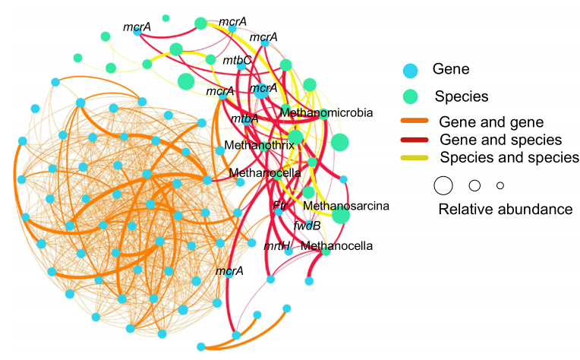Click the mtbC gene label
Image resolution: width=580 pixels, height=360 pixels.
click(x=237, y=60)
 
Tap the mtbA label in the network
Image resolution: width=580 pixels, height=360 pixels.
click(x=244, y=118)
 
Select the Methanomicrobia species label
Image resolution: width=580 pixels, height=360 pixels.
click(x=326, y=112)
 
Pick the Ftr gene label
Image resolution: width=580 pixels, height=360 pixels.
click(x=279, y=206)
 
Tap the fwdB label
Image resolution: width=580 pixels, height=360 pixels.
click(x=307, y=226)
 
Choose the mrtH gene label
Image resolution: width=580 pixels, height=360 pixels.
click(x=277, y=245)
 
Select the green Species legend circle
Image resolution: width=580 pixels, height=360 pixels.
click(x=411, y=96)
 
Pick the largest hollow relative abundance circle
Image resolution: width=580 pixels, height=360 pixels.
click(x=443, y=185)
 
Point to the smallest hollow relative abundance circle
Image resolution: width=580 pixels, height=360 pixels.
click(x=500, y=185)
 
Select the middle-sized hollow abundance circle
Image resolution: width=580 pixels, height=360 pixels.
click(x=474, y=185)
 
